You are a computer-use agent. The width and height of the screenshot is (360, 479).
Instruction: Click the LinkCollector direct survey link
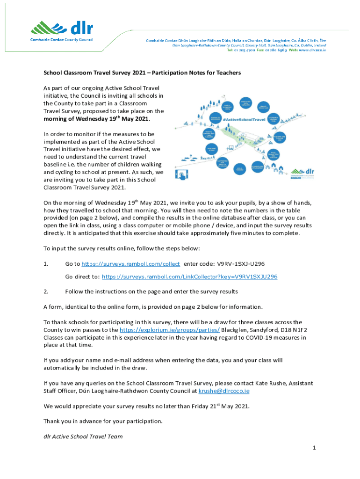click(189, 277)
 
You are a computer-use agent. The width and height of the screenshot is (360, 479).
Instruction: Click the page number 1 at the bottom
click(315, 448)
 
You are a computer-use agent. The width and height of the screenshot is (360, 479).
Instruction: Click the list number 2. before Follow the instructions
click(46, 291)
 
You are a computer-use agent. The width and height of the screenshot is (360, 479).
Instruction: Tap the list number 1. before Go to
click(46, 264)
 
